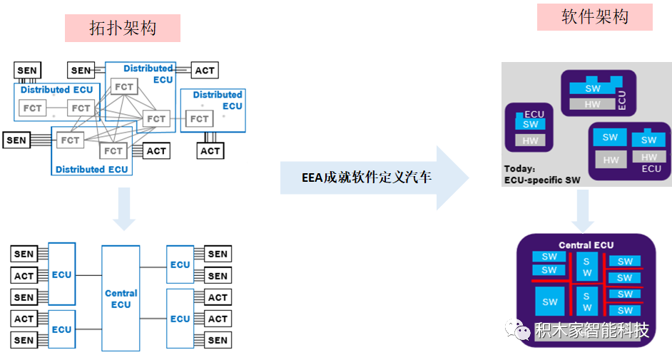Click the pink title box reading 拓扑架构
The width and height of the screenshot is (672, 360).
click(123, 29)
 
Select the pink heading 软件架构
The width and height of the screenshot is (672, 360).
click(595, 17)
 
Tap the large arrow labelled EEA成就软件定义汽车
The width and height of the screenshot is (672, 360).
click(375, 178)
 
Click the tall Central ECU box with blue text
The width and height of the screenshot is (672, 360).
click(121, 299)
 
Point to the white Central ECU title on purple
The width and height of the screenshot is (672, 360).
click(586, 245)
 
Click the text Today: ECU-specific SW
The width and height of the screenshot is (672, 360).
click(542, 175)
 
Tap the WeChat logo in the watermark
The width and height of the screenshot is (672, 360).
click(517, 329)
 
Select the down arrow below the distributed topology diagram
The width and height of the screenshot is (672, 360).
click(124, 209)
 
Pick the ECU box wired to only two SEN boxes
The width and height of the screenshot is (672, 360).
click(180, 264)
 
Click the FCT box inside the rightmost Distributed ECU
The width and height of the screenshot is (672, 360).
click(199, 118)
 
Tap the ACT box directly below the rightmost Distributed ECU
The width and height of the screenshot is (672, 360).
click(210, 150)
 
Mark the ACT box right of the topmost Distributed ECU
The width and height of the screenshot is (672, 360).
click(205, 70)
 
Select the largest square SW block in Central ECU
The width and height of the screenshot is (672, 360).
click(550, 302)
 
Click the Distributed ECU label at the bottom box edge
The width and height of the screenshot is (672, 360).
click(92, 170)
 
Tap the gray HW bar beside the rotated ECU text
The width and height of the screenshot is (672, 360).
click(592, 104)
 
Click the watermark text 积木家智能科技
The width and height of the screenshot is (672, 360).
click(592, 331)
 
